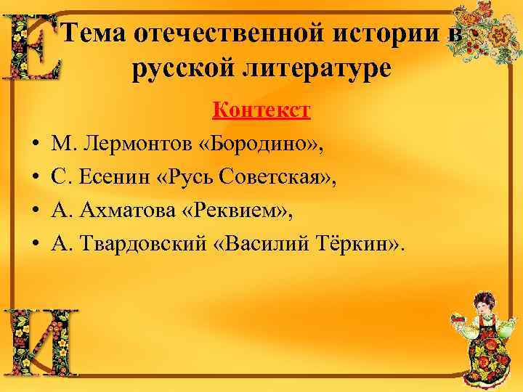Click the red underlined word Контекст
pyautogui.click(x=261, y=110)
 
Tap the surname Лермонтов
pyautogui.click(x=138, y=144)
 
